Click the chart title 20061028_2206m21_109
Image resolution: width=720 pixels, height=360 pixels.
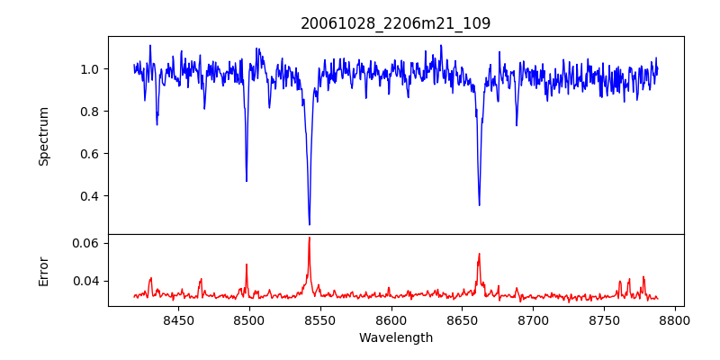tap(395, 23)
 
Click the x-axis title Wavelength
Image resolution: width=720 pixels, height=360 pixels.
tap(395, 338)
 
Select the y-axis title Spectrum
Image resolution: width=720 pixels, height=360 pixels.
tap(43, 136)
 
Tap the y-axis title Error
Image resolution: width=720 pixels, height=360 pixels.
tap(43, 270)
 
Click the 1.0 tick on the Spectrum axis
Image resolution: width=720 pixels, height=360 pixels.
tap(90, 69)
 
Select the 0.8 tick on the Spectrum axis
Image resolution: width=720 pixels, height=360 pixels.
tap(90, 112)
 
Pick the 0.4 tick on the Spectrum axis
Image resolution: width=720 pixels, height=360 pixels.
tap(90, 196)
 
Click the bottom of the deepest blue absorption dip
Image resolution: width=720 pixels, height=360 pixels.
tap(310, 224)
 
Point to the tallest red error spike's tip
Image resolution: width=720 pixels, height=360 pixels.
tap(309, 238)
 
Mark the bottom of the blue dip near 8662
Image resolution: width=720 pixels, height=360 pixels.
tap(479, 205)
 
